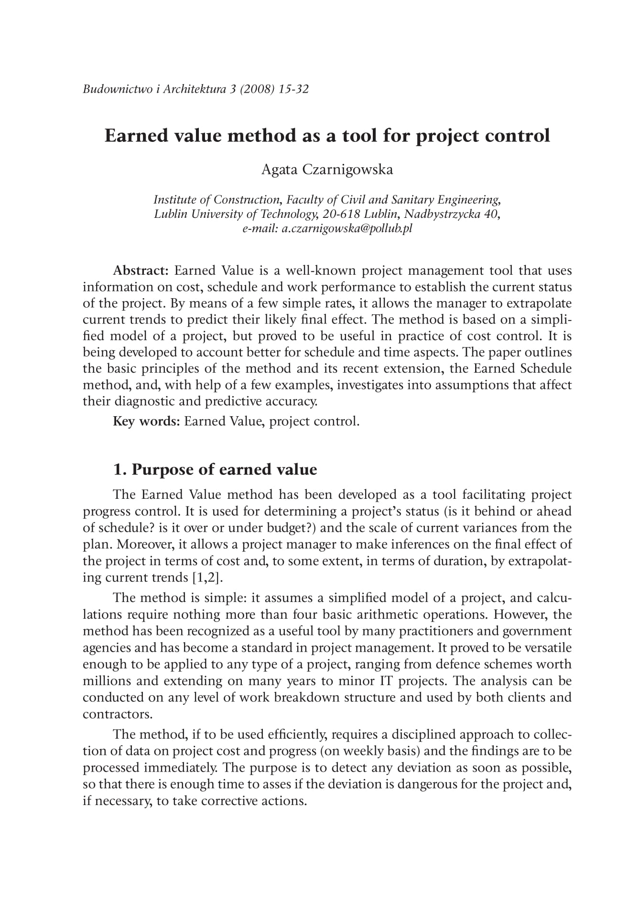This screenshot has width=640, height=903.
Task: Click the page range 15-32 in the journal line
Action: click(293, 89)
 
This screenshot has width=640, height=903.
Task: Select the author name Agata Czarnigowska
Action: click(327, 169)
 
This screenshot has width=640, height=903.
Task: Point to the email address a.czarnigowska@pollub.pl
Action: click(347, 228)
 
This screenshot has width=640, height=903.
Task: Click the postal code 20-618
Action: click(340, 214)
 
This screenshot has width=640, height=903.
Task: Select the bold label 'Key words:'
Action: click(146, 421)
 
